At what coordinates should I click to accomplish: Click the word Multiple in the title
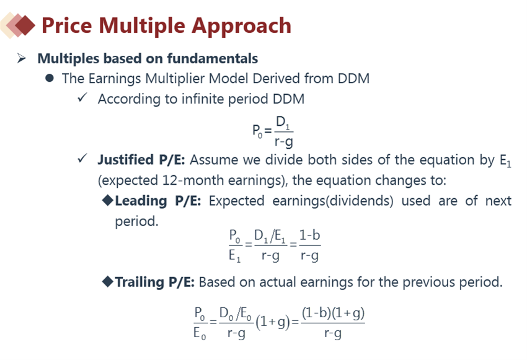click(x=142, y=26)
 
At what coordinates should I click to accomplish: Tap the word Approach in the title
click(x=241, y=26)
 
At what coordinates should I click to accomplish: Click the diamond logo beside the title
click(x=18, y=25)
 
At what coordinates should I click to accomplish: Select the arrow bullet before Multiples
click(x=22, y=58)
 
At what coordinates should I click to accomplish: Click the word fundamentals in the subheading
click(x=213, y=58)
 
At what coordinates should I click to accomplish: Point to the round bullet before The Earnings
click(x=50, y=78)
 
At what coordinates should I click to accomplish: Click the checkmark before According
click(x=82, y=98)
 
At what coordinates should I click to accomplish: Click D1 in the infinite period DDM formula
click(x=283, y=123)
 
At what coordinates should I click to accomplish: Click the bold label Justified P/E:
click(x=141, y=160)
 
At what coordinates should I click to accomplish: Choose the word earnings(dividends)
click(x=333, y=201)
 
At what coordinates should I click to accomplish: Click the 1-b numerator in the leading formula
click(x=309, y=235)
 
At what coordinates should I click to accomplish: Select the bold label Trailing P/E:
click(x=154, y=282)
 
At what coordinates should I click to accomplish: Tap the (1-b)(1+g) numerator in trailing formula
click(x=333, y=314)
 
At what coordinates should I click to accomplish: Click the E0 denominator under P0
click(x=200, y=333)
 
